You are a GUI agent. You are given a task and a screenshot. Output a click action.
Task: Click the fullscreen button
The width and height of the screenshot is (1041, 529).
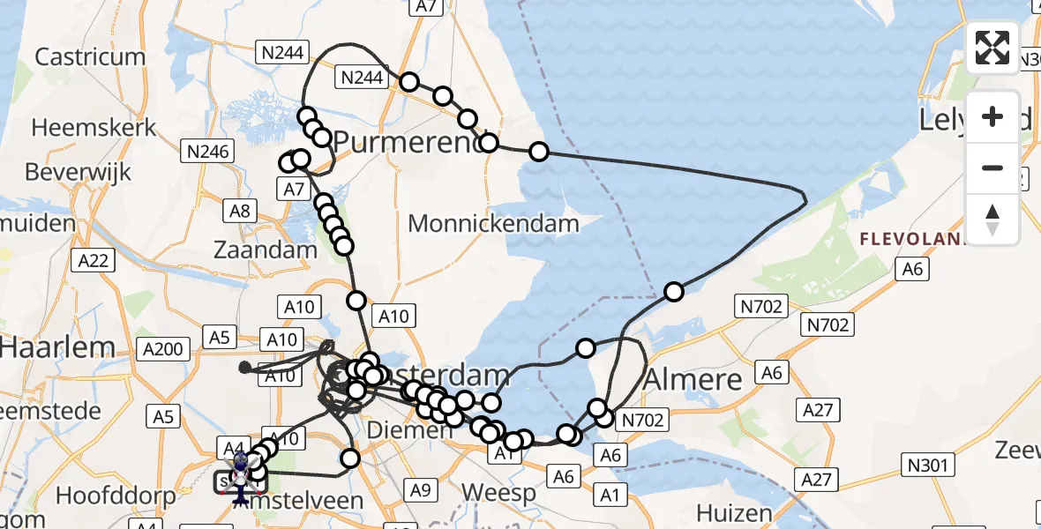pos(992,48)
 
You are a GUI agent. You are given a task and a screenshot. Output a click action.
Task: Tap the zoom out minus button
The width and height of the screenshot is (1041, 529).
pos(992,168)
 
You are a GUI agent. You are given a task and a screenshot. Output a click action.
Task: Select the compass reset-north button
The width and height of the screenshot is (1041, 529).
pos(992,220)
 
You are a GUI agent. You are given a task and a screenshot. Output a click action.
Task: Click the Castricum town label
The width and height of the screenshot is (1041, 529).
pos(90,57)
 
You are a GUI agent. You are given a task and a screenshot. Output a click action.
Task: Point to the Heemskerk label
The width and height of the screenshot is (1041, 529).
pos(94,128)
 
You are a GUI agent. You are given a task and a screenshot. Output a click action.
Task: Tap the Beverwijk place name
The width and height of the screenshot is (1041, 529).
pos(78,171)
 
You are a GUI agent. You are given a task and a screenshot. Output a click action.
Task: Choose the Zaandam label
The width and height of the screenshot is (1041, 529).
pos(266,250)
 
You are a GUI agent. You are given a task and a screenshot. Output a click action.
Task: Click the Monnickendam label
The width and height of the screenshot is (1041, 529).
pos(493,223)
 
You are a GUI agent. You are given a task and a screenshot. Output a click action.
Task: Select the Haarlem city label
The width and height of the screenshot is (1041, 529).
pos(57,346)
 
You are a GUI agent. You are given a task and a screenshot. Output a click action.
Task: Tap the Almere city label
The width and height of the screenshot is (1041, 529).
pos(693,379)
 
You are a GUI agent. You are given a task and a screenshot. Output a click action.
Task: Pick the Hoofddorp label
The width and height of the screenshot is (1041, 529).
pos(116,495)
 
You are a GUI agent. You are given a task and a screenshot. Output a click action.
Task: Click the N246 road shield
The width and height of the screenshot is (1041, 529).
pos(208,152)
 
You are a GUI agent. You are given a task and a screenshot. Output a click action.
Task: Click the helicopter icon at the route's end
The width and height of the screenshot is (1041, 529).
pos(240,481)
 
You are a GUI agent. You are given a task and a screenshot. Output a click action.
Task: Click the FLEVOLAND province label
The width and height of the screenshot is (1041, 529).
pos(909,238)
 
